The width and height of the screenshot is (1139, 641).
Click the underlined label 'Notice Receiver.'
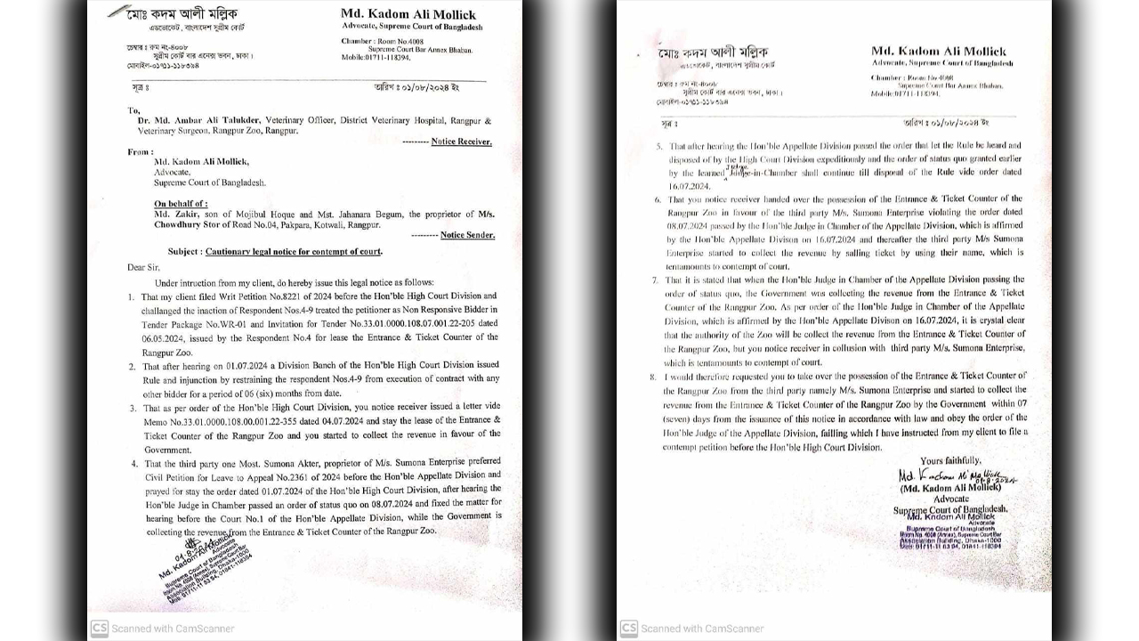click(461, 142)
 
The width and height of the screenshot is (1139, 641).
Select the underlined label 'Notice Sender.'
click(467, 235)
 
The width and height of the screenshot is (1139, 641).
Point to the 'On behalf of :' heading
click(181, 204)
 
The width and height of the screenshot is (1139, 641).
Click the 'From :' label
click(141, 152)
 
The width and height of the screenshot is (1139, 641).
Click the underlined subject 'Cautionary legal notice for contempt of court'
click(293, 252)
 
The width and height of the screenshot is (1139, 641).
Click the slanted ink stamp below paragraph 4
click(205, 569)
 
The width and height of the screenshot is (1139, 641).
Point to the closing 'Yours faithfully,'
click(950, 460)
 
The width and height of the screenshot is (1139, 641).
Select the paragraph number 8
click(653, 377)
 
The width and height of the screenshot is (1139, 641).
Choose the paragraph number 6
click(658, 200)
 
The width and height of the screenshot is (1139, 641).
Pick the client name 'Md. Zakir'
click(174, 215)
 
